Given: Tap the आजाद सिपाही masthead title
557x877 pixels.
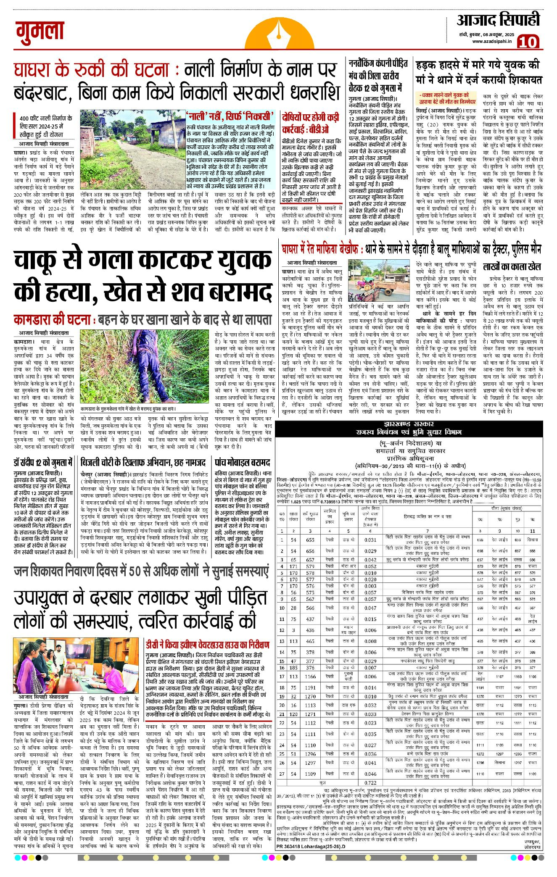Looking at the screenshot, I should pos(498,20).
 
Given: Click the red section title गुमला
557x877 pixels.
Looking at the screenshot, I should pos(40,33).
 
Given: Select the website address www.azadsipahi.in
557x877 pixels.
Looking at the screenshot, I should pos(491,41).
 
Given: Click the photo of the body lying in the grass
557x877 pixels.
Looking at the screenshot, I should pos(145,366).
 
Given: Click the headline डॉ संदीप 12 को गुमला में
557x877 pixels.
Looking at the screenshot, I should pos(43,462).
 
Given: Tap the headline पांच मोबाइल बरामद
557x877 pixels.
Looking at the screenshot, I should pos(242,462).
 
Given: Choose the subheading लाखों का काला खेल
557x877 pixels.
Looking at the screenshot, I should pos(512,266).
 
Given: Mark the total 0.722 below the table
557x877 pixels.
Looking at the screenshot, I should pos(370,782).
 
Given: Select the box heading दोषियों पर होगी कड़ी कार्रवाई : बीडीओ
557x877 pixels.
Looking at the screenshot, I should pos(311,122).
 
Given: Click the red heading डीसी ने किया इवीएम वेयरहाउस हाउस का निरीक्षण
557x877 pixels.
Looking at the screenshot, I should pos(208,644).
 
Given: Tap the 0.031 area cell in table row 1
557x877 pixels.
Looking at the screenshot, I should pos(370,540).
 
